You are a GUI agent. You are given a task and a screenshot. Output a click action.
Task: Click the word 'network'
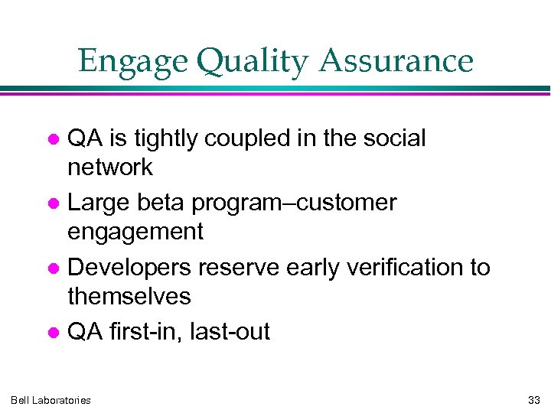click(x=110, y=167)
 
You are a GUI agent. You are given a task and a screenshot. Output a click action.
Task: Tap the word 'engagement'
click(x=135, y=232)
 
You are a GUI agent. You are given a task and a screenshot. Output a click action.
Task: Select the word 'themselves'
click(x=129, y=295)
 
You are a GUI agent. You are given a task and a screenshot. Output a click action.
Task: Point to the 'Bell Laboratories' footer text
click(x=51, y=400)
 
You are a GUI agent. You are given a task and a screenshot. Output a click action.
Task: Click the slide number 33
click(x=533, y=400)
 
